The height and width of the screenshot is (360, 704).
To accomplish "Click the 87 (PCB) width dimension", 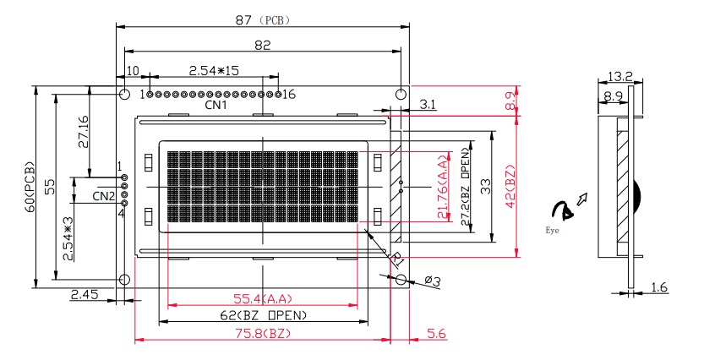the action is pyautogui.click(x=263, y=20).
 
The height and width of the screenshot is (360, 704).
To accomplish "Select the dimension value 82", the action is pyautogui.click(x=263, y=46).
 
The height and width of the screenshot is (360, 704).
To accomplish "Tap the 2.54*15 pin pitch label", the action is pyautogui.click(x=214, y=70).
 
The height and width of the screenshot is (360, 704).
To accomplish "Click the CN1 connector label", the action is pyautogui.click(x=216, y=105).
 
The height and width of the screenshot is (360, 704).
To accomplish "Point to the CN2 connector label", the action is pyautogui.click(x=104, y=196).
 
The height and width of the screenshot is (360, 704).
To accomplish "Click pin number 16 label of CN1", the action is pyautogui.click(x=289, y=95).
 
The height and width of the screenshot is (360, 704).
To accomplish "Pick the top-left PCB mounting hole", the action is pyautogui.click(x=124, y=95).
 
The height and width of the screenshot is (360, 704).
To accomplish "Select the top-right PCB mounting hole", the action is pyautogui.click(x=401, y=95).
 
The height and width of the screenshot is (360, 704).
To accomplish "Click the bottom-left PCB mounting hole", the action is pyautogui.click(x=124, y=280).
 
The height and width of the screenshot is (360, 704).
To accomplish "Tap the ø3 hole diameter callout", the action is pyautogui.click(x=433, y=281).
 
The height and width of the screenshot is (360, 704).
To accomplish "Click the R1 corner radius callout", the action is pyautogui.click(x=397, y=259).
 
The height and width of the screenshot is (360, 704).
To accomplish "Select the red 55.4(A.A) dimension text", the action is pyautogui.click(x=263, y=298).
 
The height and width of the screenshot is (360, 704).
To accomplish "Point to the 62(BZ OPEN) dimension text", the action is pyautogui.click(x=264, y=315).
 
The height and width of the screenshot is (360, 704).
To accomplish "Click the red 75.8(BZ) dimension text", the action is pyautogui.click(x=263, y=334).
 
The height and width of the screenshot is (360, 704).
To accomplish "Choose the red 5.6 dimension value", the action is pyautogui.click(x=436, y=334).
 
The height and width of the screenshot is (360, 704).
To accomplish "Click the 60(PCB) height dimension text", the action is pyautogui.click(x=30, y=186).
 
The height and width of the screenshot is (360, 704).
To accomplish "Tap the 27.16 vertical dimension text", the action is pyautogui.click(x=83, y=132).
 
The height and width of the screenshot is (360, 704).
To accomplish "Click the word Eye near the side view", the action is pyautogui.click(x=552, y=230).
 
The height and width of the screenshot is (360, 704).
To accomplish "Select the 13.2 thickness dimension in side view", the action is pyautogui.click(x=620, y=76).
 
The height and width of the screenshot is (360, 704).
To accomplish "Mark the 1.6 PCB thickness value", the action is pyautogui.click(x=659, y=287).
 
